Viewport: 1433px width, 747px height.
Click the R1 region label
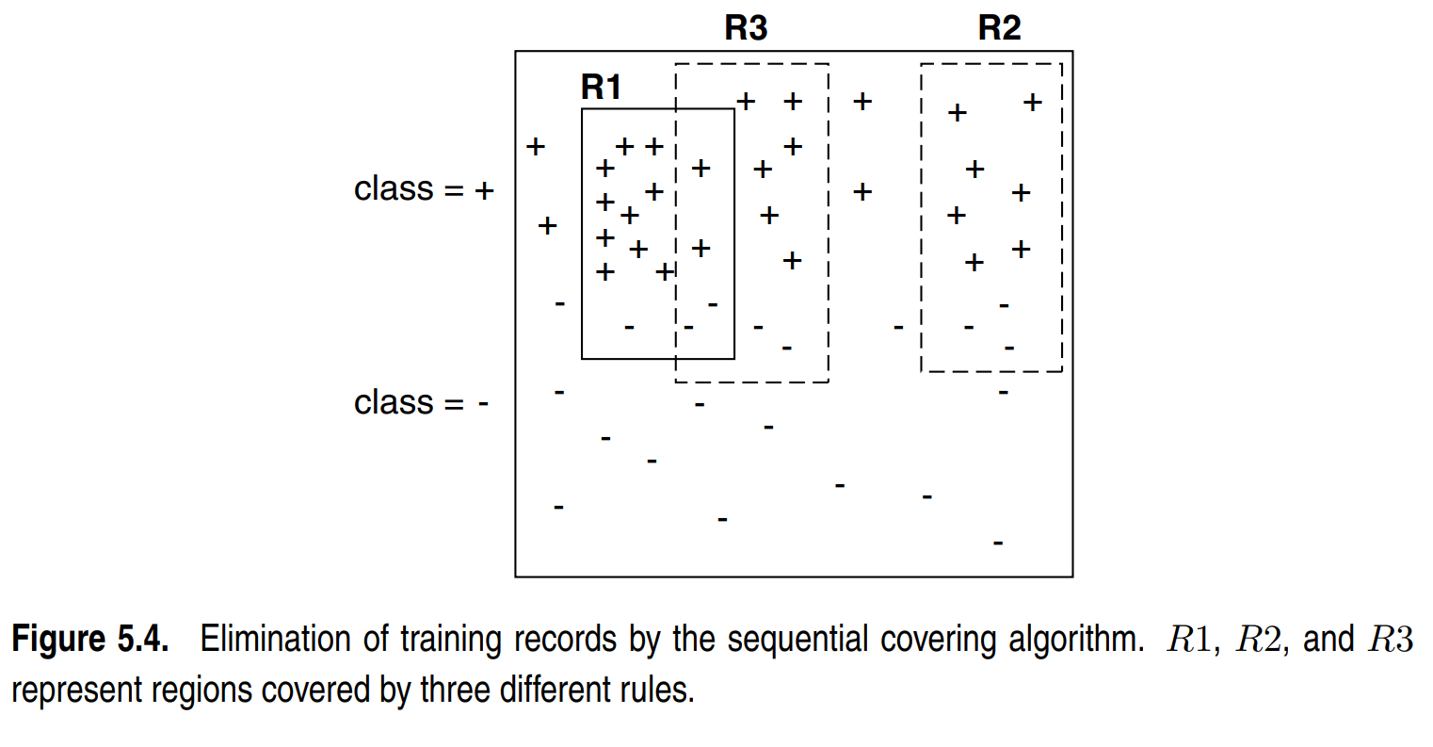601,88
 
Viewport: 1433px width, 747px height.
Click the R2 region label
999,28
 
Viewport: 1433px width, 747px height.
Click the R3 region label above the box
746,28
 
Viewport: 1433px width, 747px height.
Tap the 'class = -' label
421,403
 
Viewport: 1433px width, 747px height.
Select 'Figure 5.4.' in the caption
90,640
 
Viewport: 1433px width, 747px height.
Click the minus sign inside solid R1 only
629,328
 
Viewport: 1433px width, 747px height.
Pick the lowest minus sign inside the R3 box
787,349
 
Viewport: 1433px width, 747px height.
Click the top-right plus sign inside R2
1033,102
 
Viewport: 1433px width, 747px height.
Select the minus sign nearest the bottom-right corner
998,544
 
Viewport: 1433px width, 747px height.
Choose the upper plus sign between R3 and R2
862,101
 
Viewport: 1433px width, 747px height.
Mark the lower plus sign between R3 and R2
862,192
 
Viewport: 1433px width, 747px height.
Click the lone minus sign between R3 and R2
898,328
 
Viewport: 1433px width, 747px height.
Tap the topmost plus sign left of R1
536,146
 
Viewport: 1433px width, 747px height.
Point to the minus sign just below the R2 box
1004,392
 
